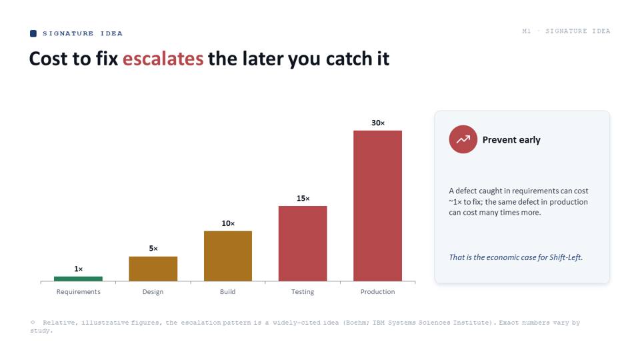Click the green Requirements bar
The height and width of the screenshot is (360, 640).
tap(78, 279)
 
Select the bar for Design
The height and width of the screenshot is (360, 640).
tap(153, 269)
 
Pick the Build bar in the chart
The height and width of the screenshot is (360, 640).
tap(228, 256)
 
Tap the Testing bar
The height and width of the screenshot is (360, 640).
tap(303, 243)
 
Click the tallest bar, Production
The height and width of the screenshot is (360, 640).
tap(377, 206)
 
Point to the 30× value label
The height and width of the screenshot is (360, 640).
tap(378, 123)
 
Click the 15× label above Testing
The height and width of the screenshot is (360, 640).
tap(303, 199)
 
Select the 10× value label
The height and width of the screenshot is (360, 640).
tap(228, 223)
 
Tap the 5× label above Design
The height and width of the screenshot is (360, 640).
tap(153, 248)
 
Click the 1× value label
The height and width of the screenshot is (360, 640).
tap(79, 269)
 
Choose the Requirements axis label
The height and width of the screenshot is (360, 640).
tap(79, 291)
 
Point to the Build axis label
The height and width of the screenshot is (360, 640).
tap(228, 291)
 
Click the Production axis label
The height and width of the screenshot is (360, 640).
tap(377, 291)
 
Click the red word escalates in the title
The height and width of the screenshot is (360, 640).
tap(163, 59)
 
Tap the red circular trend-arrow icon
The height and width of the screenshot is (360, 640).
tap(463, 139)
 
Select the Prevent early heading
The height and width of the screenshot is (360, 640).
tap(511, 140)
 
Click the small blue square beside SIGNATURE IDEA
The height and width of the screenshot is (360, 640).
tap(33, 33)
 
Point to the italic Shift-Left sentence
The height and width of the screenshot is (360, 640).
tap(516, 257)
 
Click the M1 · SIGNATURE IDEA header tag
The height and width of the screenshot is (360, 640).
tap(566, 31)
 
